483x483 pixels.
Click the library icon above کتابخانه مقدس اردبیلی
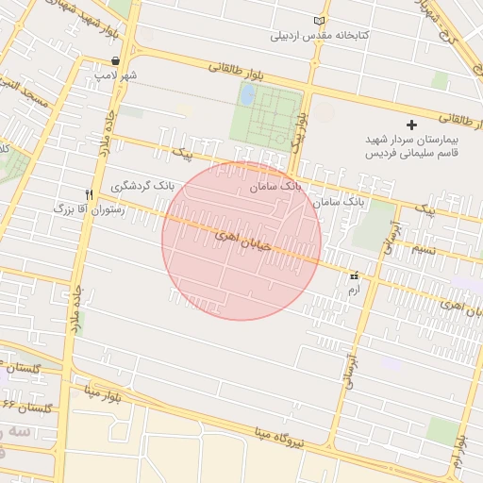tap(318, 21)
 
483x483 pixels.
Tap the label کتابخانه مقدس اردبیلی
tap(320, 36)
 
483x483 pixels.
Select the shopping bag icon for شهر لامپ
tap(115, 59)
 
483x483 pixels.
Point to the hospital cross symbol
tap(411, 125)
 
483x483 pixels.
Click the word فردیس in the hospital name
tap(377, 152)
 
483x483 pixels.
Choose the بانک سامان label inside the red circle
tap(275, 187)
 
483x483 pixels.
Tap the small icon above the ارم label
tap(355, 276)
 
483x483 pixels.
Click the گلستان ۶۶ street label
tap(26, 407)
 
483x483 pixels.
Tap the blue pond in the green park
tap(247, 95)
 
